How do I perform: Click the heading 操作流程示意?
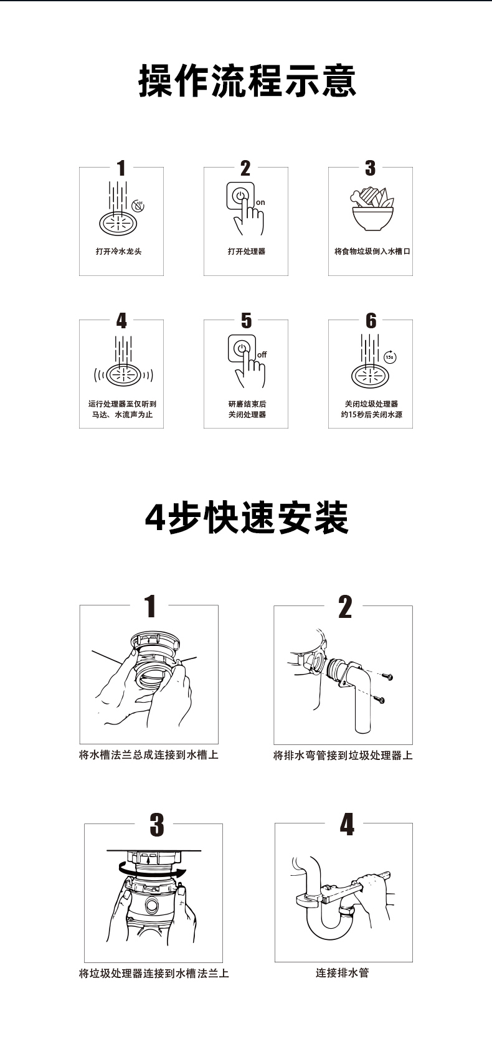click(247, 81)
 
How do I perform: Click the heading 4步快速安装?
click(247, 518)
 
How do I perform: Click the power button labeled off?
click(241, 348)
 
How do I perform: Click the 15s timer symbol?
click(389, 357)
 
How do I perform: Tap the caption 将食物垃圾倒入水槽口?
click(372, 252)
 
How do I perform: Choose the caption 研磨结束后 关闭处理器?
click(247, 409)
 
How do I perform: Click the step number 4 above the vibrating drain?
click(121, 321)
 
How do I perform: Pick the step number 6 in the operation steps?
click(371, 321)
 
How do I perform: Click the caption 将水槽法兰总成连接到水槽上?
click(149, 756)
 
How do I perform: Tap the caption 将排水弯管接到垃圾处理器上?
click(343, 756)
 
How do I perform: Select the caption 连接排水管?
click(342, 973)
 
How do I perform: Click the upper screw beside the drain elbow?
click(387, 676)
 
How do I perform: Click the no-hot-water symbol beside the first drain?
click(138, 206)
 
